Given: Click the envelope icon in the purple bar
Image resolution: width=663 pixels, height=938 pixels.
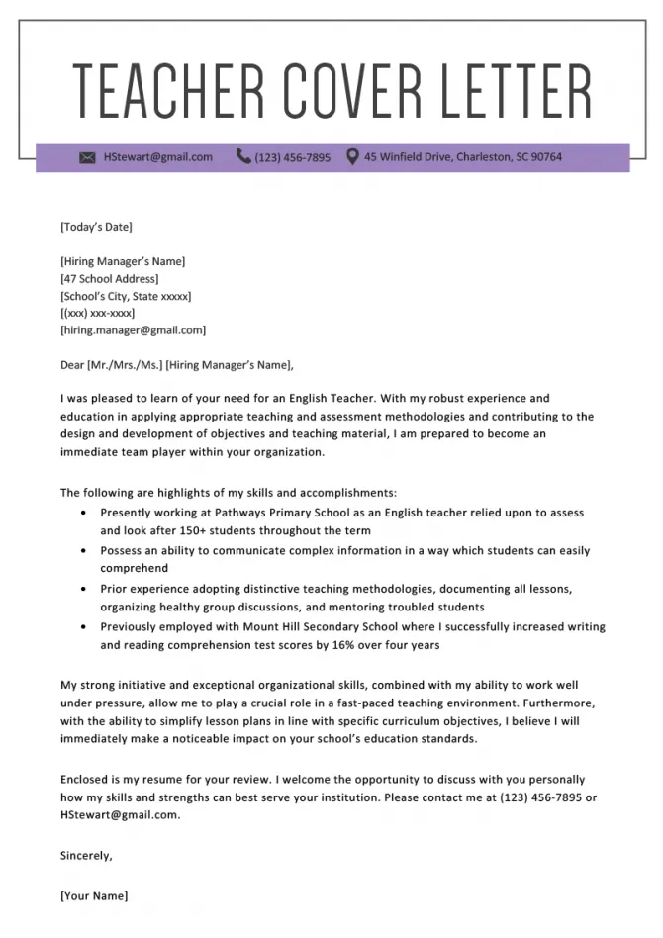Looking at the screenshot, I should (87, 157).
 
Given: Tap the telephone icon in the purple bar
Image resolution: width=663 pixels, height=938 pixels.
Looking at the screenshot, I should (243, 156).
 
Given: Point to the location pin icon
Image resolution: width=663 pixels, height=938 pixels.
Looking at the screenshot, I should (351, 156).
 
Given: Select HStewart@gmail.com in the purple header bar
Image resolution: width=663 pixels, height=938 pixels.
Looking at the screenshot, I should (157, 157).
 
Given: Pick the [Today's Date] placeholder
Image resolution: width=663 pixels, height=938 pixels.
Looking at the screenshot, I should (96, 227).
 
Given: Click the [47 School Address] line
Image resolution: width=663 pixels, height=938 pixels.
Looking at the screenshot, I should (109, 279).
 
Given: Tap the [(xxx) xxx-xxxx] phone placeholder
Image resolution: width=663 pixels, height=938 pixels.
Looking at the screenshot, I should (97, 313).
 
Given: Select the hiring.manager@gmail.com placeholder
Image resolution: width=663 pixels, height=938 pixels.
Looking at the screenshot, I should (133, 330).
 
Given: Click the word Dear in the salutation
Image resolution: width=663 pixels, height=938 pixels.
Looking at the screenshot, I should (72, 365).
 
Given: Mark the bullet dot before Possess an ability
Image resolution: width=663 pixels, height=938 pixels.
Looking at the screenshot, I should (81, 551).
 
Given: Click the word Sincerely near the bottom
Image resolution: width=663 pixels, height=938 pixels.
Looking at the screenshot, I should (86, 855).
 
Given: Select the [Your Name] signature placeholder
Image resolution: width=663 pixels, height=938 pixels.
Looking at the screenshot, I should (94, 896).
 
